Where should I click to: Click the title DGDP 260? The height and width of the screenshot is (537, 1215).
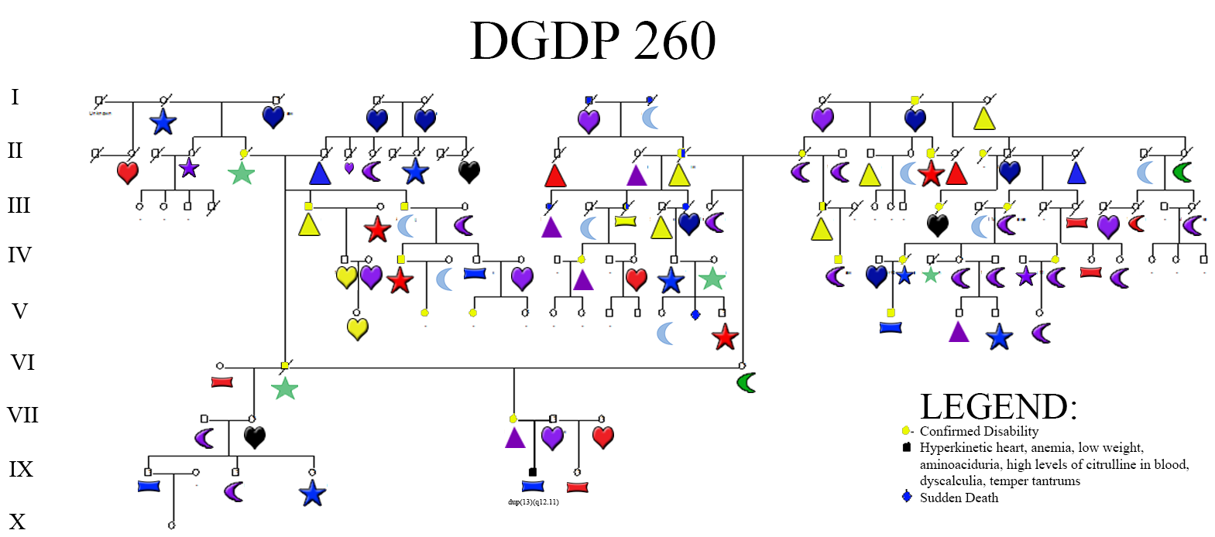tap(592, 40)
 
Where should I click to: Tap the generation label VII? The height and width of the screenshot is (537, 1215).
tap(22, 416)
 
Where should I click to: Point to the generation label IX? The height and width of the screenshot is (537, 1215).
tap(21, 469)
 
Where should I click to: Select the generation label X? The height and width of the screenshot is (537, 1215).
tap(17, 522)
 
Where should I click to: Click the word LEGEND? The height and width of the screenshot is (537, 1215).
tap(998, 407)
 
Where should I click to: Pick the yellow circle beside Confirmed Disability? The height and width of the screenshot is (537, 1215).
tap(905, 431)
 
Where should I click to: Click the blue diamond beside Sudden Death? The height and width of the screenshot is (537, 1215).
tap(907, 497)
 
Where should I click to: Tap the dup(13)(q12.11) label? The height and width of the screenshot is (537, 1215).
tap(533, 502)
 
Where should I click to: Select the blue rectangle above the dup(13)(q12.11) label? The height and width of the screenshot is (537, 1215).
tap(533, 486)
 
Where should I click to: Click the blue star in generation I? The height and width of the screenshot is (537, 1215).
tap(163, 121)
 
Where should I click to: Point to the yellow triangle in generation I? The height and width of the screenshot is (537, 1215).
tap(984, 118)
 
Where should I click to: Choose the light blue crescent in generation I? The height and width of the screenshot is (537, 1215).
tap(651, 118)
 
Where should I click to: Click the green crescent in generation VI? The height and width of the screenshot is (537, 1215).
tap(747, 382)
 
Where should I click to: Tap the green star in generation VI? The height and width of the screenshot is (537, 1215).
tap(285, 388)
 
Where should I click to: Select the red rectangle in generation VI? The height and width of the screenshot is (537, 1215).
tap(222, 382)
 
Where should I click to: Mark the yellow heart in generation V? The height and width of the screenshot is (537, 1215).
tap(357, 329)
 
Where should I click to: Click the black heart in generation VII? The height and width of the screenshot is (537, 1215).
tap(255, 437)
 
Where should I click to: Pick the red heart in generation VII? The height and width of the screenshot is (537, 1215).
tap(603, 437)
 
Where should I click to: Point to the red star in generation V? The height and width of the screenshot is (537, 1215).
tap(725, 337)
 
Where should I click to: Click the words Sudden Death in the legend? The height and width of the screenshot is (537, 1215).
tap(959, 498)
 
